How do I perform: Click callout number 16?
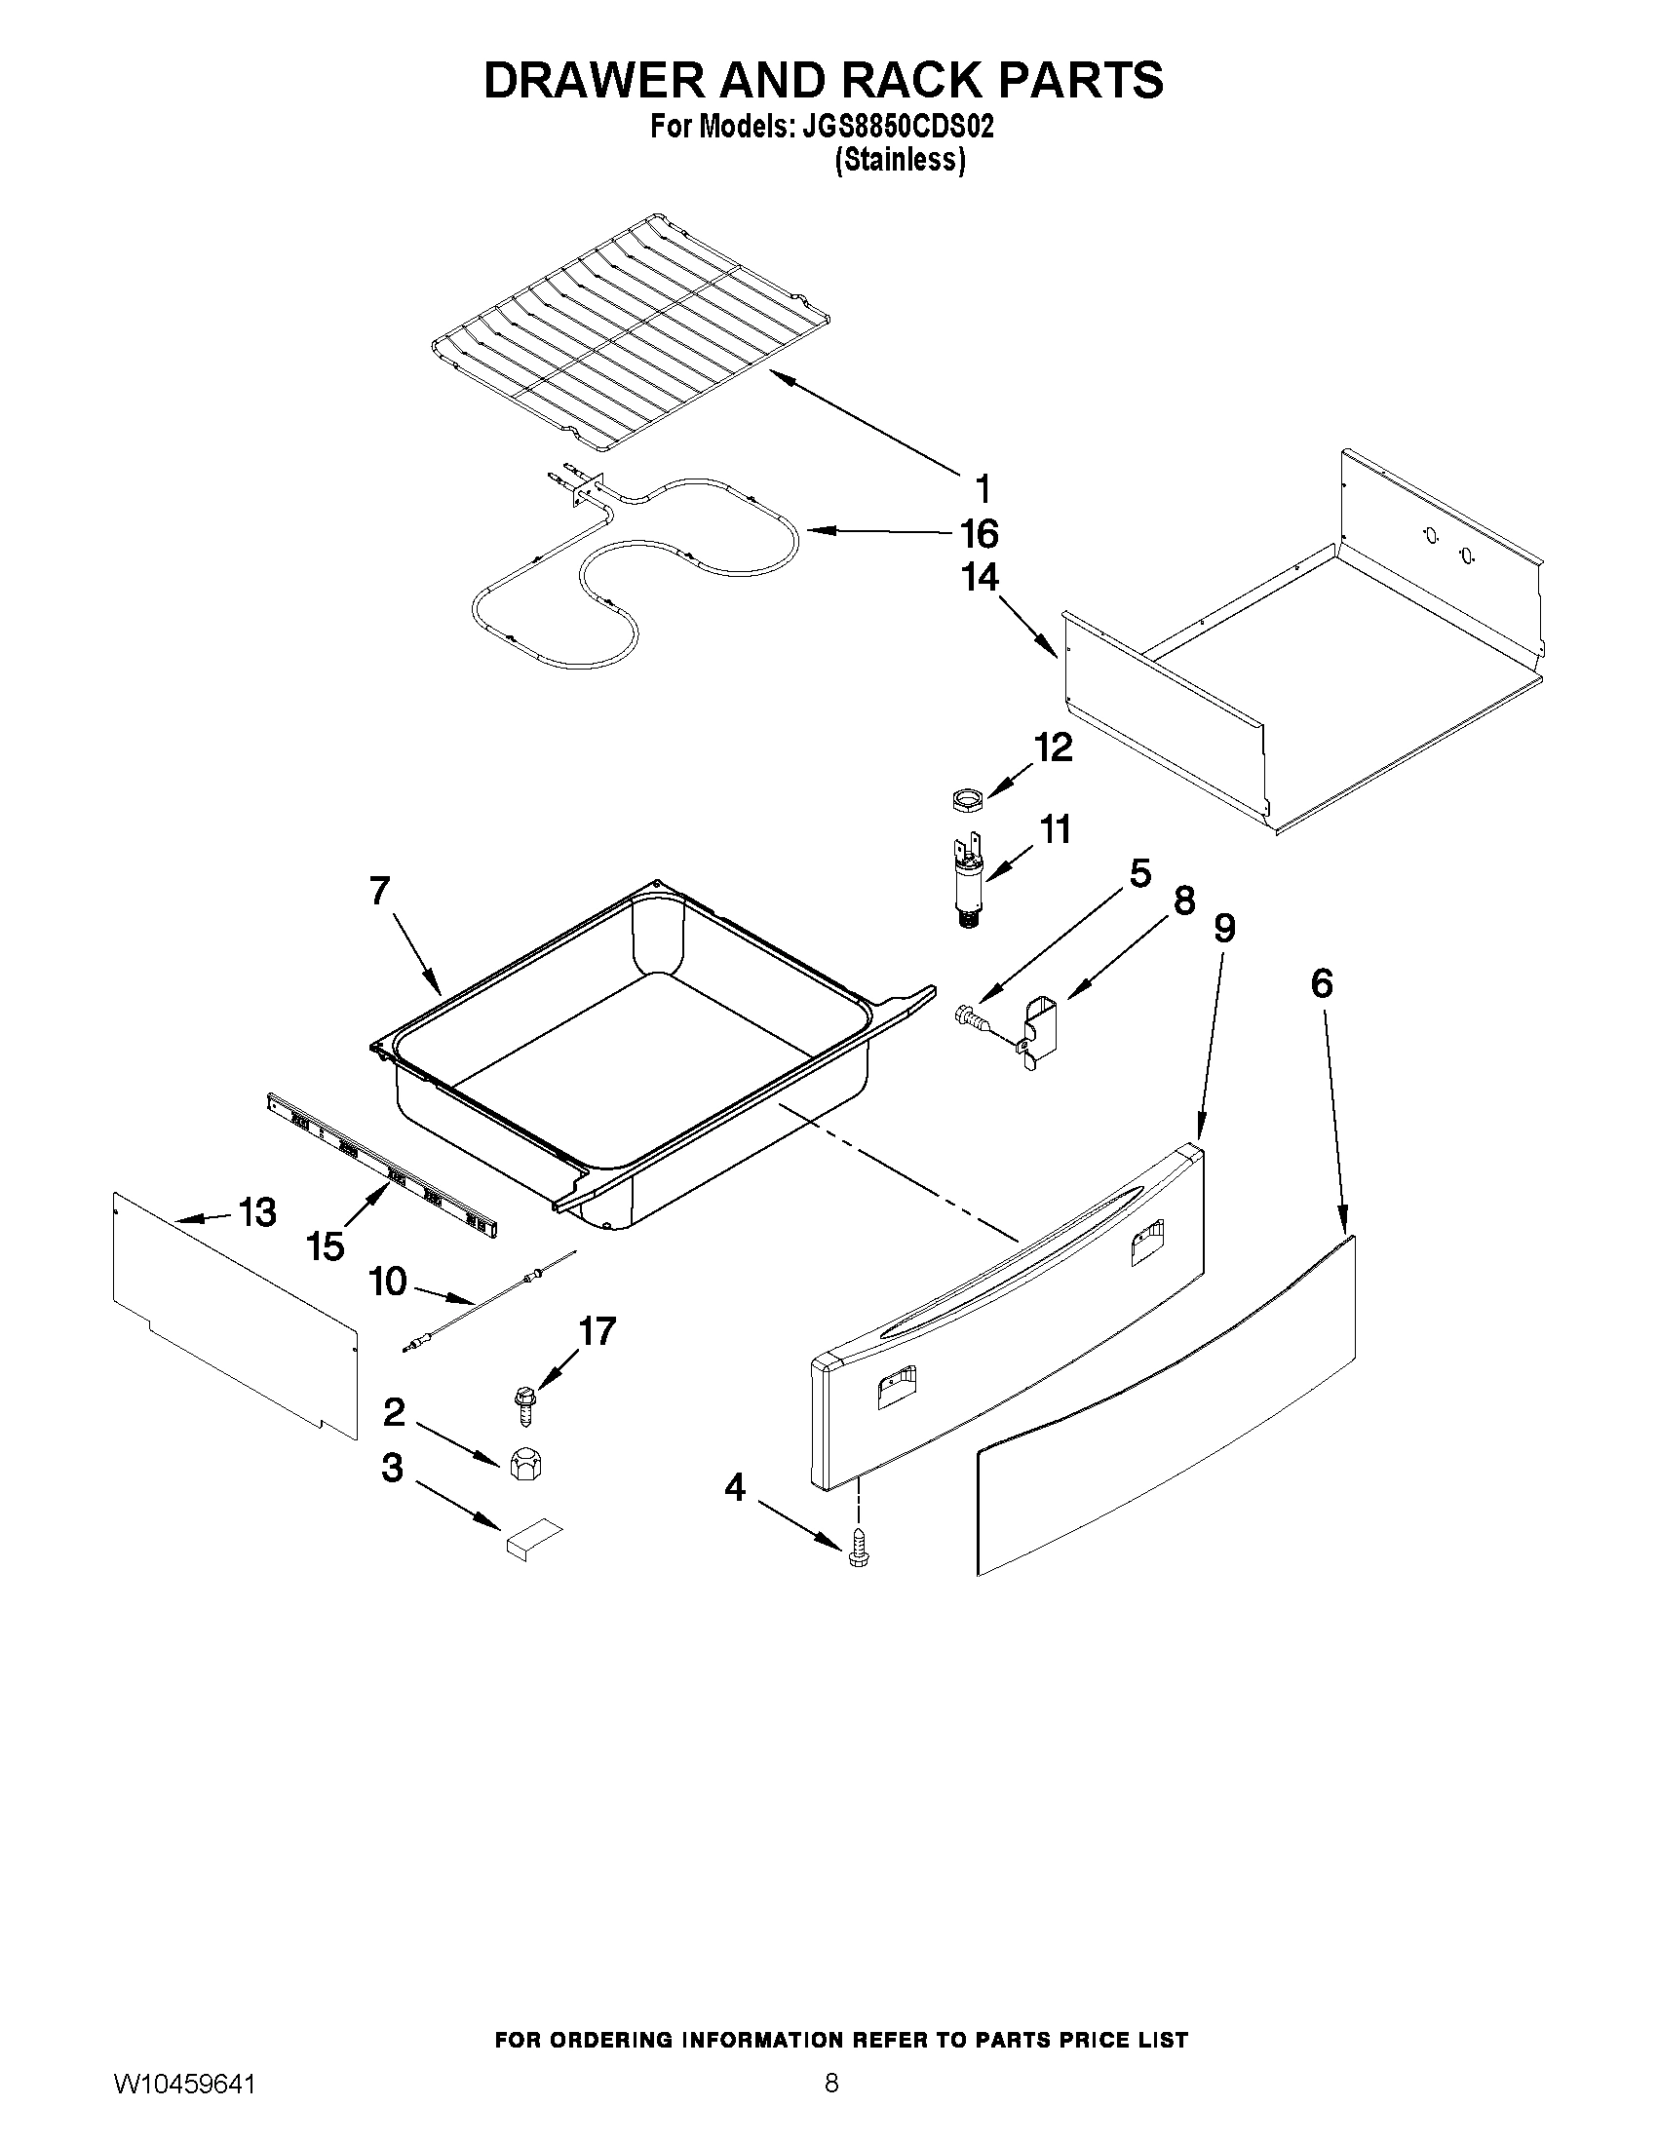979,534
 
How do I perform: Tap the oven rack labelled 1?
629,334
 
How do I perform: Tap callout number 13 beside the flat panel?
257,1213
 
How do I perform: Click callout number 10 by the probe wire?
389,1281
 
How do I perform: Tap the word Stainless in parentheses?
900,160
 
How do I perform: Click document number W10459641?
184,2104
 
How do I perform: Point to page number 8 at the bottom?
831,2103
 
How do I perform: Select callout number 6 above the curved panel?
1321,983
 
